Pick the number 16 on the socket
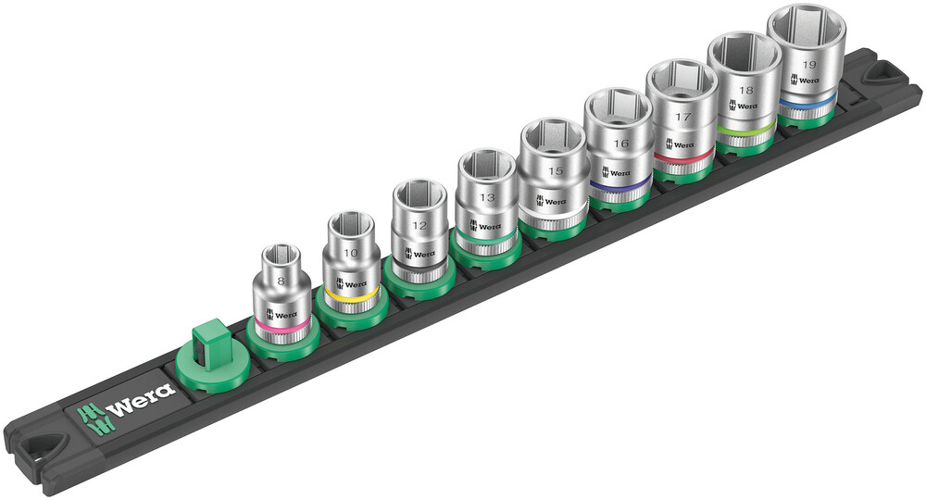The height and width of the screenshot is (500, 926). click(x=619, y=145)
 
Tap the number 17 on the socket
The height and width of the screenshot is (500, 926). click(x=683, y=119)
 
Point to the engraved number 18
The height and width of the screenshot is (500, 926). click(x=745, y=92)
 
